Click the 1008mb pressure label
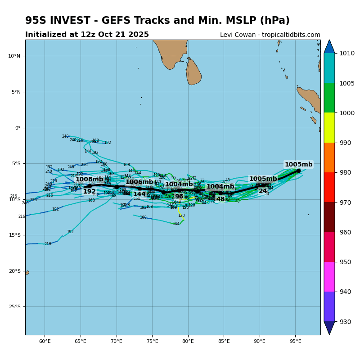pyautogui.click(x=89, y=180)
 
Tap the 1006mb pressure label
pyautogui.click(x=139, y=182)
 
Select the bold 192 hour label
pyautogui.click(x=89, y=192)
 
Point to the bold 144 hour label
pyautogui.click(x=139, y=194)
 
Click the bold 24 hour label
pyautogui.click(x=263, y=191)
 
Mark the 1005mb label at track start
pyautogui.click(x=298, y=165)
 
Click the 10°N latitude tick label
pyautogui.click(x=14, y=56)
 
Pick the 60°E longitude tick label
pyautogui.click(x=45, y=341)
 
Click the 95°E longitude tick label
pyautogui.click(x=295, y=341)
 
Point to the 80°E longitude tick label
pyautogui.click(x=188, y=341)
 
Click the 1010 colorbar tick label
pyautogui.click(x=347, y=53)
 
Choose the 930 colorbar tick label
pyautogui.click(x=346, y=322)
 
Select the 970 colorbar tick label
pyautogui.click(x=346, y=202)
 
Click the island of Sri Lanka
pyautogui.click(x=193, y=72)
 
